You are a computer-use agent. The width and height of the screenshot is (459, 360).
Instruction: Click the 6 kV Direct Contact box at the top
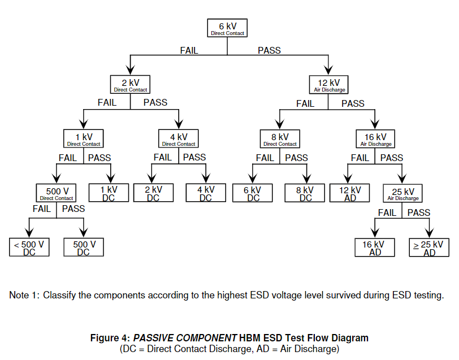point(227,28)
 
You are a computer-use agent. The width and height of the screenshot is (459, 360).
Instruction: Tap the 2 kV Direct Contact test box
point(131,84)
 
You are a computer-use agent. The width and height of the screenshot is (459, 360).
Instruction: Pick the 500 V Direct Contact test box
point(56,194)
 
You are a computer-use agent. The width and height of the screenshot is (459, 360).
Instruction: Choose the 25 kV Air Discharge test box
point(402,194)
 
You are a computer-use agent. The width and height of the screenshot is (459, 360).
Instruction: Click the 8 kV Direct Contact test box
point(280,139)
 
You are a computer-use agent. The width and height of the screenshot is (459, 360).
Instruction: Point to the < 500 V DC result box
point(29,248)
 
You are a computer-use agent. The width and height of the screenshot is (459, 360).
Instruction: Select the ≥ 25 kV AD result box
point(429,248)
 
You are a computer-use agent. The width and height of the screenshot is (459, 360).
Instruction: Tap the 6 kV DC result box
point(253,193)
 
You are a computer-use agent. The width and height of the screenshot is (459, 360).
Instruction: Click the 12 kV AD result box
point(350,193)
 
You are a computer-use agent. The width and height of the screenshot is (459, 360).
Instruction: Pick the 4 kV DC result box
point(205,193)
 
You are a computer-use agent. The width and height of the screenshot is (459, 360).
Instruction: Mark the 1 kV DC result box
point(109,193)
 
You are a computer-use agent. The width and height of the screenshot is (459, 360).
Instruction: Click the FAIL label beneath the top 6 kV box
point(189,50)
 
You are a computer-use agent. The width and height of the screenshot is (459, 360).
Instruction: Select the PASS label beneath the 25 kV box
point(419,213)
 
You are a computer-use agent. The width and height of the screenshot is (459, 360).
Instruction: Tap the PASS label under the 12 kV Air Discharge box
point(353,103)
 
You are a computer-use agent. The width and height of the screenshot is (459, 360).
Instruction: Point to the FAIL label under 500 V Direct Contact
point(42,209)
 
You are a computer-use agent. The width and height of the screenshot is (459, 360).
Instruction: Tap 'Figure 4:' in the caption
point(110,338)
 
